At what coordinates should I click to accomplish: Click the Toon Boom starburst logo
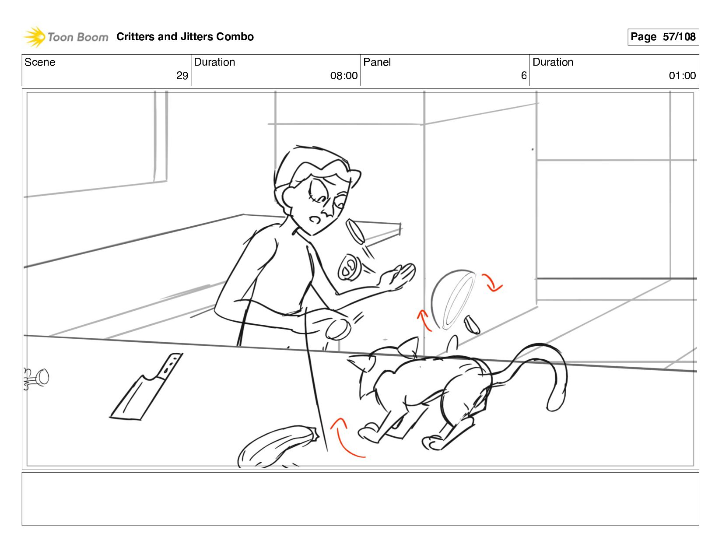(x=34, y=37)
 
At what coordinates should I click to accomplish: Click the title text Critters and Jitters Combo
(x=185, y=37)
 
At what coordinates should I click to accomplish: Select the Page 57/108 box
(x=663, y=37)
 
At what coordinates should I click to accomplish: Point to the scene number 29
(x=182, y=76)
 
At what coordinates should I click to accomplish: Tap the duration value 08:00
(x=343, y=76)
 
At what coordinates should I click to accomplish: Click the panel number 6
(x=524, y=76)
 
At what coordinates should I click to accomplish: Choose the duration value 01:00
(x=682, y=76)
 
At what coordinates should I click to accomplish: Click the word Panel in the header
(x=377, y=62)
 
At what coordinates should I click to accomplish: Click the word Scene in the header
(x=40, y=62)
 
